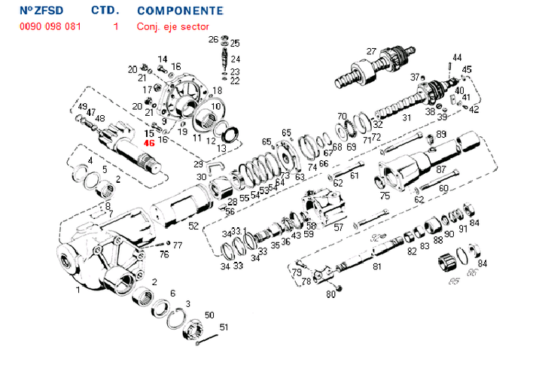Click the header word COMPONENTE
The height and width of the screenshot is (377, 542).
point(180,11)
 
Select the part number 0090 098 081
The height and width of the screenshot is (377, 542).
point(50,26)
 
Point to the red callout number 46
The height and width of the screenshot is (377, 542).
point(149,143)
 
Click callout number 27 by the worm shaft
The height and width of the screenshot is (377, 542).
point(371,51)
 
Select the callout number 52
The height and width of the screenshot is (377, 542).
point(193,226)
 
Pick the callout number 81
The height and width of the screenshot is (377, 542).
point(377,266)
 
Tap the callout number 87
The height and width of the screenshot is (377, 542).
point(441,170)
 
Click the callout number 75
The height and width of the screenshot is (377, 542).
point(385,196)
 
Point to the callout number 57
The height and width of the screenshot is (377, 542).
point(339,227)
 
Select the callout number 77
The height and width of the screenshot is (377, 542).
point(178,245)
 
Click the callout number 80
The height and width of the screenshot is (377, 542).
point(330,294)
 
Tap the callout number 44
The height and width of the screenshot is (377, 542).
point(457,57)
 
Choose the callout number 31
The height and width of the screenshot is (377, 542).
point(406,118)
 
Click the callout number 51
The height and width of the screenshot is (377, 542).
point(223,327)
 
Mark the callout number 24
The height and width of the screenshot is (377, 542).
point(236,59)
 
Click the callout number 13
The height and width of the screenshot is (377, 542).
point(221,149)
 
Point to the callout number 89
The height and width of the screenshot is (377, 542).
point(441,135)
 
